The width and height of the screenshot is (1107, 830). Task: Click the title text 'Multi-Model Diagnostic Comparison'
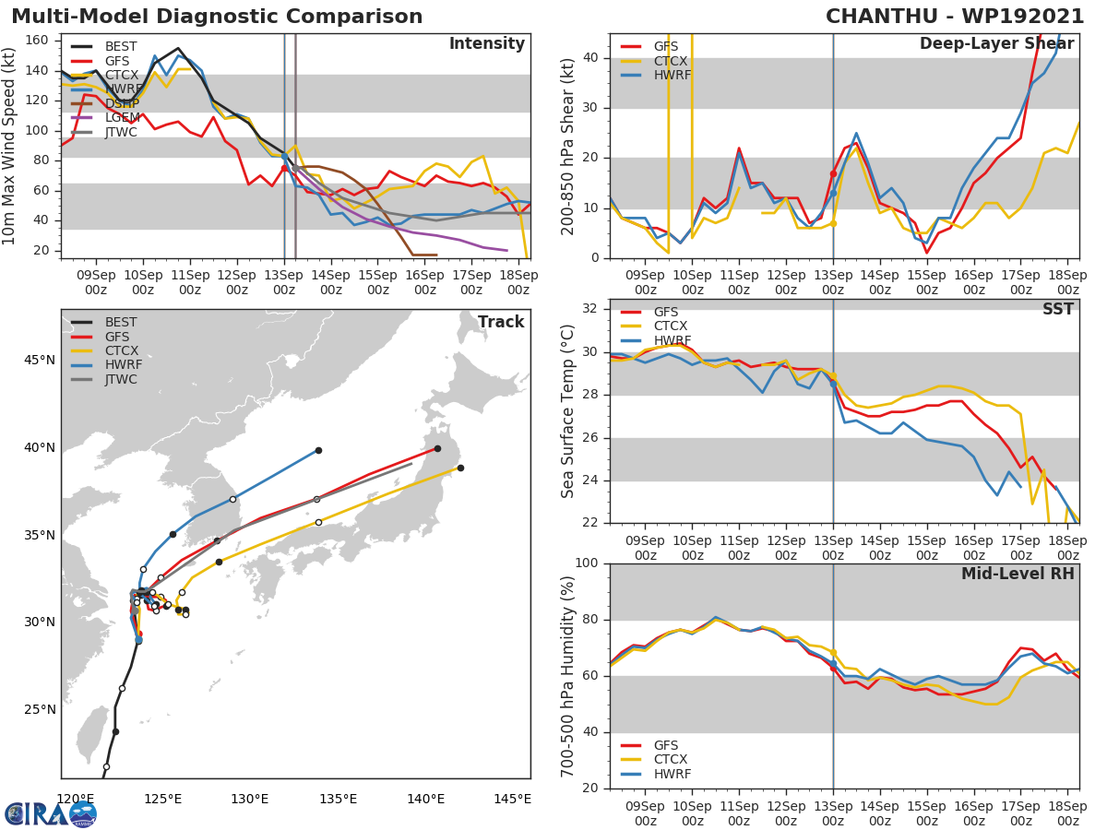(x=217, y=17)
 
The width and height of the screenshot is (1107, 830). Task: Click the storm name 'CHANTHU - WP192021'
(x=955, y=17)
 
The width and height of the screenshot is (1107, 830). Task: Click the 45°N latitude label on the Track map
(x=38, y=360)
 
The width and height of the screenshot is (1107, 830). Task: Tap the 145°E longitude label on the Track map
(x=512, y=799)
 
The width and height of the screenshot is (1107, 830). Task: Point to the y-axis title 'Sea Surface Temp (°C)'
(x=568, y=411)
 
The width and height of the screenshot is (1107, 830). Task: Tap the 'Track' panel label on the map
(x=500, y=322)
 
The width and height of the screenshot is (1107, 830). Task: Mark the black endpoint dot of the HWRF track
(x=318, y=450)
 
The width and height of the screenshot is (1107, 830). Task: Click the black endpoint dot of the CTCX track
(x=460, y=468)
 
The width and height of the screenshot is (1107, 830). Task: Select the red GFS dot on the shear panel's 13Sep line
(x=833, y=173)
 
